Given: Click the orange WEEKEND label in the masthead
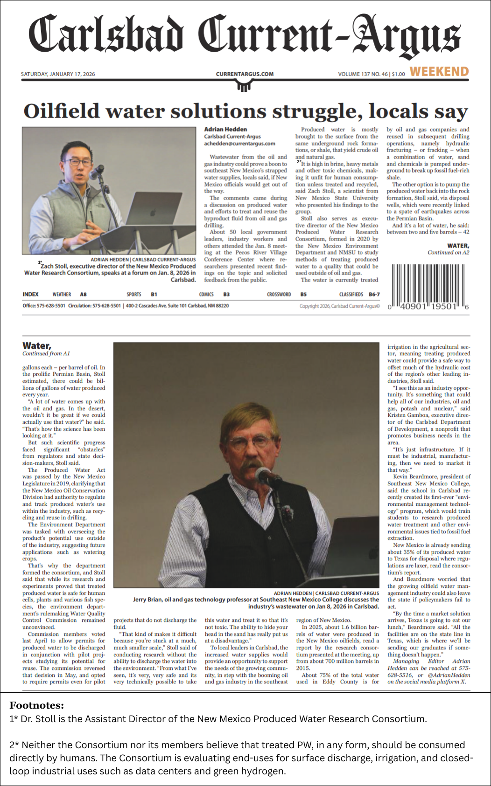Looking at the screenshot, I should pos(439,72).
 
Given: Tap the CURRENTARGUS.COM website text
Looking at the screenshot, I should pos(245,74).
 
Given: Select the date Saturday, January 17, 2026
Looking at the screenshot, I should pos(58,74).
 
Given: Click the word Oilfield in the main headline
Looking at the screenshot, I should pos(62,112).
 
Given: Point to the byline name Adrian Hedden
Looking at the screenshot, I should pos(225,129).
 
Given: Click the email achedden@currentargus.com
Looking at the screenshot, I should pos(239,144).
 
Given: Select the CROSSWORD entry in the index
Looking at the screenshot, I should pos(279,295).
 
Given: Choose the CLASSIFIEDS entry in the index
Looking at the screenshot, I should pos(351,295).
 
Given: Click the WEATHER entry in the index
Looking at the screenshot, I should pos(62,295).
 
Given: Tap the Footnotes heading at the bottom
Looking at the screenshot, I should pos(36,705).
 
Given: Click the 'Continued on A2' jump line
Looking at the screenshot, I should pos(448,253).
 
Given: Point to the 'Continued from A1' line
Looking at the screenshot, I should pos(46,353).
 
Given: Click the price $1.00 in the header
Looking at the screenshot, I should pos(398,74).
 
